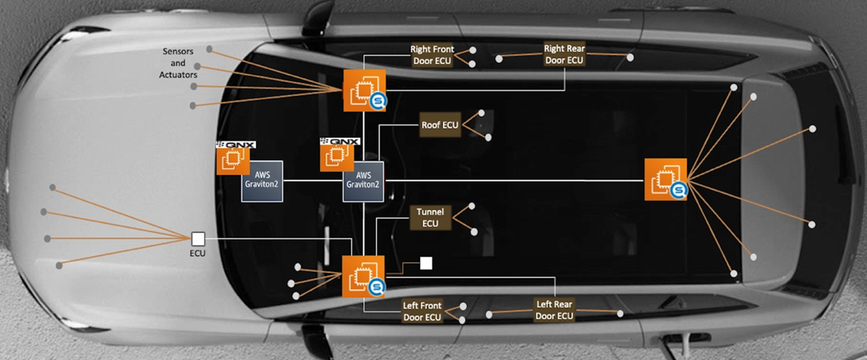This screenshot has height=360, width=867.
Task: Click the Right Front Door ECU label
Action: click(432, 55)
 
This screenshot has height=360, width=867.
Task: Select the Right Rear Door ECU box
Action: click(564, 54)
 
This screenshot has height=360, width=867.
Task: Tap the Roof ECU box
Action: click(440, 125)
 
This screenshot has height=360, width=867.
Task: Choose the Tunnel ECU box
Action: click(430, 218)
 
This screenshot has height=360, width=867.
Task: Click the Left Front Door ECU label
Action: click(423, 311)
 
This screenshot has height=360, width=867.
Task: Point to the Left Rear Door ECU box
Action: click(554, 310)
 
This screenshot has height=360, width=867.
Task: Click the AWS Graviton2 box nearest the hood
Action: click(262, 181)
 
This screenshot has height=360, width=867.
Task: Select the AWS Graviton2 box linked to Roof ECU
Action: click(363, 182)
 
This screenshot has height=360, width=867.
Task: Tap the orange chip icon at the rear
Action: click(666, 179)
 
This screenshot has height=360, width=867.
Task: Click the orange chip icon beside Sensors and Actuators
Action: click(365, 91)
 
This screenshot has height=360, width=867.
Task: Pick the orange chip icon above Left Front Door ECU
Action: click(363, 276)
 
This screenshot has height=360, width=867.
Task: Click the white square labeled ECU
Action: click(198, 239)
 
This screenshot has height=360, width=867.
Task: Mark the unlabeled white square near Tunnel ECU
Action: click(426, 264)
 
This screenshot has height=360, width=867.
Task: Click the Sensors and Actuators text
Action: click(178, 63)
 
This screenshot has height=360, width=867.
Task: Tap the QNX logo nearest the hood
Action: click(235, 145)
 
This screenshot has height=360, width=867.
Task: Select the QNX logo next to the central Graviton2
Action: click(340, 141)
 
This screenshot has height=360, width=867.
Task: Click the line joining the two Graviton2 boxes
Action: click(313, 181)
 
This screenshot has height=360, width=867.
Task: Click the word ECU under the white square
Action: click(197, 253)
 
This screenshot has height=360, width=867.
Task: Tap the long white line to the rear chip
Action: click(515, 181)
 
